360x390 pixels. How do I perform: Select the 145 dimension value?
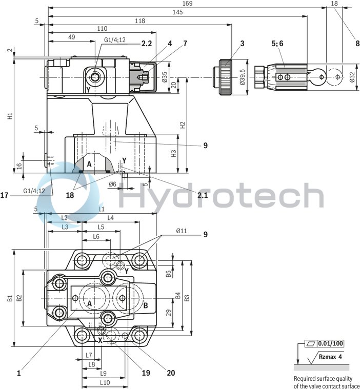[178, 12]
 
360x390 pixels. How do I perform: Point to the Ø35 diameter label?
[165, 77]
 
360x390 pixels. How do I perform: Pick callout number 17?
[5, 195]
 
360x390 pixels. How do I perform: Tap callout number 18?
[70, 195]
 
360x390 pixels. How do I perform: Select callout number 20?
[171, 373]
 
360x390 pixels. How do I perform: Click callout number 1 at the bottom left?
[18, 374]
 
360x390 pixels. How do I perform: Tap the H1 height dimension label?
[10, 116]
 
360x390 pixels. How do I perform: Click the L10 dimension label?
[105, 382]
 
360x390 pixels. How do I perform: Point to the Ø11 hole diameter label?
[182, 232]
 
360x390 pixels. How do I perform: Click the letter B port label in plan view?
[145, 306]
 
